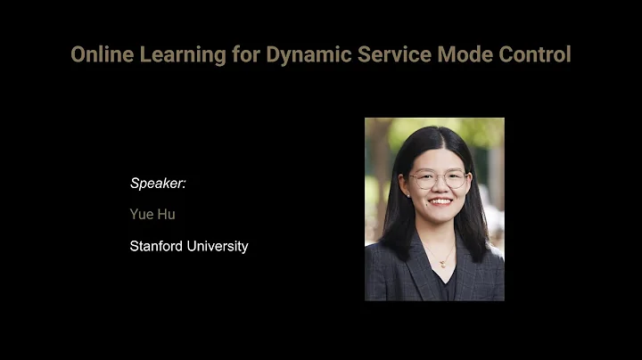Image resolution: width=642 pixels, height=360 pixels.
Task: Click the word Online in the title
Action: (100, 54)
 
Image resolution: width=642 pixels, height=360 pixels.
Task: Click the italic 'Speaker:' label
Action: (158, 184)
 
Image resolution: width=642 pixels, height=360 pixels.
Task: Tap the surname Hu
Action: (167, 215)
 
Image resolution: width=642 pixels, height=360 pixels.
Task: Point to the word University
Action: (218, 246)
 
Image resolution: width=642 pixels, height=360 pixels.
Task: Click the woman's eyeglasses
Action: (438, 179)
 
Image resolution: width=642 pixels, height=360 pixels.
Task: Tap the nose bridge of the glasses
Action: (438, 177)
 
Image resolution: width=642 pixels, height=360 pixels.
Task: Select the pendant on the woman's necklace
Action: (440, 264)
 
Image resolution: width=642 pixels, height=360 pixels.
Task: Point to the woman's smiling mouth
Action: (439, 202)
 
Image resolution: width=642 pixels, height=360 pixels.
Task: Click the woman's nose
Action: (438, 189)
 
